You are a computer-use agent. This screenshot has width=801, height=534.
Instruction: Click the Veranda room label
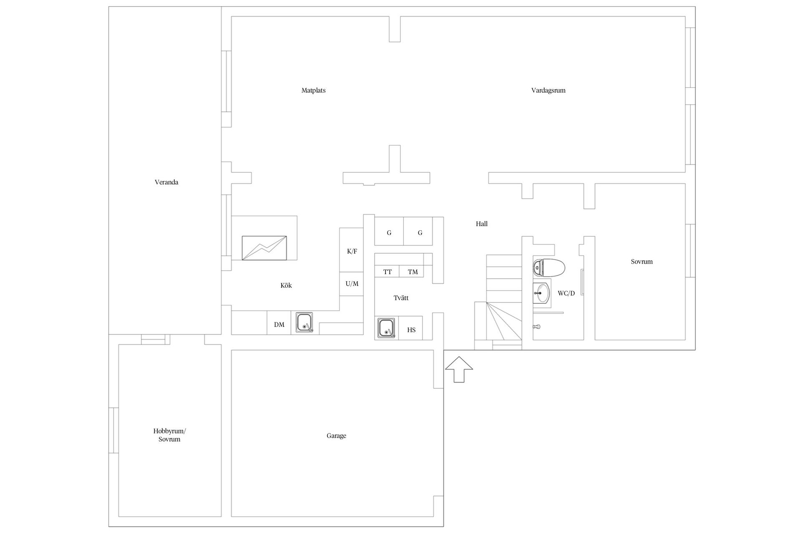click(x=166, y=182)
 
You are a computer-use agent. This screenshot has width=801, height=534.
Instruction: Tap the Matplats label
click(x=313, y=91)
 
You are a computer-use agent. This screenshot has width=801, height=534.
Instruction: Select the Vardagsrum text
click(x=548, y=91)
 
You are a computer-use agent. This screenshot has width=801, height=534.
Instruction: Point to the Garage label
click(x=336, y=436)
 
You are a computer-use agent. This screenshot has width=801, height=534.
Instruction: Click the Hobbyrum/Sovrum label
click(x=169, y=435)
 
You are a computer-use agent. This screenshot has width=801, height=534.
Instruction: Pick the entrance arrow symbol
click(x=459, y=369)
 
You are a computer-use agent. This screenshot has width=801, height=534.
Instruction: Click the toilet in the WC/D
click(x=549, y=267)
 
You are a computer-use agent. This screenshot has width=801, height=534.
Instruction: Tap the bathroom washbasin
click(x=542, y=293)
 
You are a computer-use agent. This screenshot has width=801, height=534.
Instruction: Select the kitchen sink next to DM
click(x=305, y=322)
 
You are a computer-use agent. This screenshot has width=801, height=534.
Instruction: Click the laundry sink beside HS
click(x=386, y=328)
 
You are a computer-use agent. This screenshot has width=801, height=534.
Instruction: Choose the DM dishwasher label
click(x=279, y=325)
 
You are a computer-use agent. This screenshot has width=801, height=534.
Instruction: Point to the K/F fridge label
click(x=352, y=252)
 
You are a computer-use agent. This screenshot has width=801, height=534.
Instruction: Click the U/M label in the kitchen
click(x=352, y=284)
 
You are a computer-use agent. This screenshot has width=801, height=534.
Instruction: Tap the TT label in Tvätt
click(x=388, y=272)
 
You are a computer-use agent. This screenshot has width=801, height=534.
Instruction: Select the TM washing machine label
click(x=413, y=272)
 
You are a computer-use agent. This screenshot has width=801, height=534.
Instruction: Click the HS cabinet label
click(x=411, y=330)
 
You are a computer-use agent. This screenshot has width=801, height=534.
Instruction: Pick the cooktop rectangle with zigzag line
click(x=264, y=248)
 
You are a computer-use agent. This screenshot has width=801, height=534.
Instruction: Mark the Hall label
click(x=481, y=224)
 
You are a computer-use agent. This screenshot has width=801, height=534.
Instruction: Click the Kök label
click(x=286, y=286)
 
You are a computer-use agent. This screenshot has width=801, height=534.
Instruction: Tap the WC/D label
click(x=566, y=294)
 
